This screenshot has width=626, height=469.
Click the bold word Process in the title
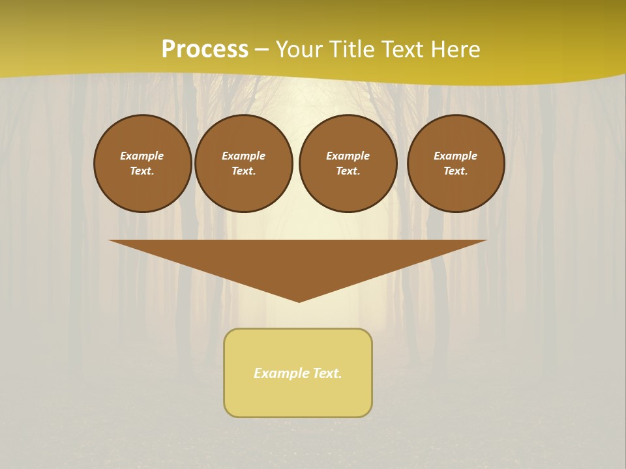pyautogui.click(x=205, y=50)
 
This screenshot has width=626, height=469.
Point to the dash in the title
pyautogui.click(x=261, y=50)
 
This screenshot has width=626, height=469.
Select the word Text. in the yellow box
pyautogui.click(x=327, y=373)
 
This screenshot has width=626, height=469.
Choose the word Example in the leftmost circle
pyautogui.click(x=142, y=156)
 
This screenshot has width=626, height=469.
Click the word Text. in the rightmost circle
pyautogui.click(x=456, y=171)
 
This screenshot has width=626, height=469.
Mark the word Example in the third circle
pyautogui.click(x=348, y=156)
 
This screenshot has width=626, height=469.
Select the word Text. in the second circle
pyautogui.click(x=244, y=171)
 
